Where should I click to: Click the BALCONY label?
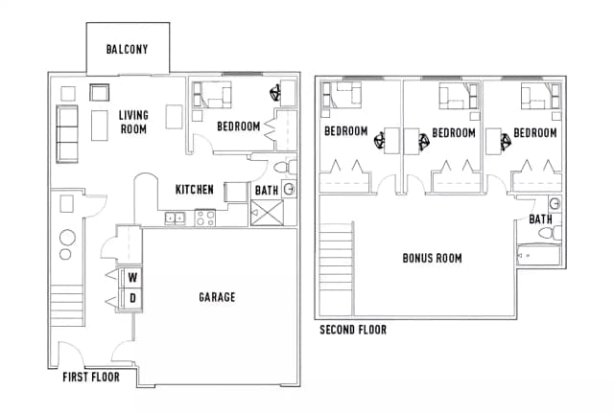[127, 50]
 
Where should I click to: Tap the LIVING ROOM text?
[133, 122]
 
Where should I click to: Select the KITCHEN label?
[195, 189]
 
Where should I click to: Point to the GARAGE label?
[217, 297]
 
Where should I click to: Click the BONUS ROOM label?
[432, 258]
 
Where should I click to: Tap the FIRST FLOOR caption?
[91, 377]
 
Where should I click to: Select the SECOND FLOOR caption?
[353, 330]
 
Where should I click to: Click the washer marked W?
[131, 278]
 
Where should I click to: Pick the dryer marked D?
[131, 299]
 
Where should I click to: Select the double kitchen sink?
[177, 218]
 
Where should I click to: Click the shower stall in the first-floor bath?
[265, 213]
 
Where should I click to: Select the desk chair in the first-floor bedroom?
[276, 94]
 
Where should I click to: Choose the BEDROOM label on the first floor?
[239, 126]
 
